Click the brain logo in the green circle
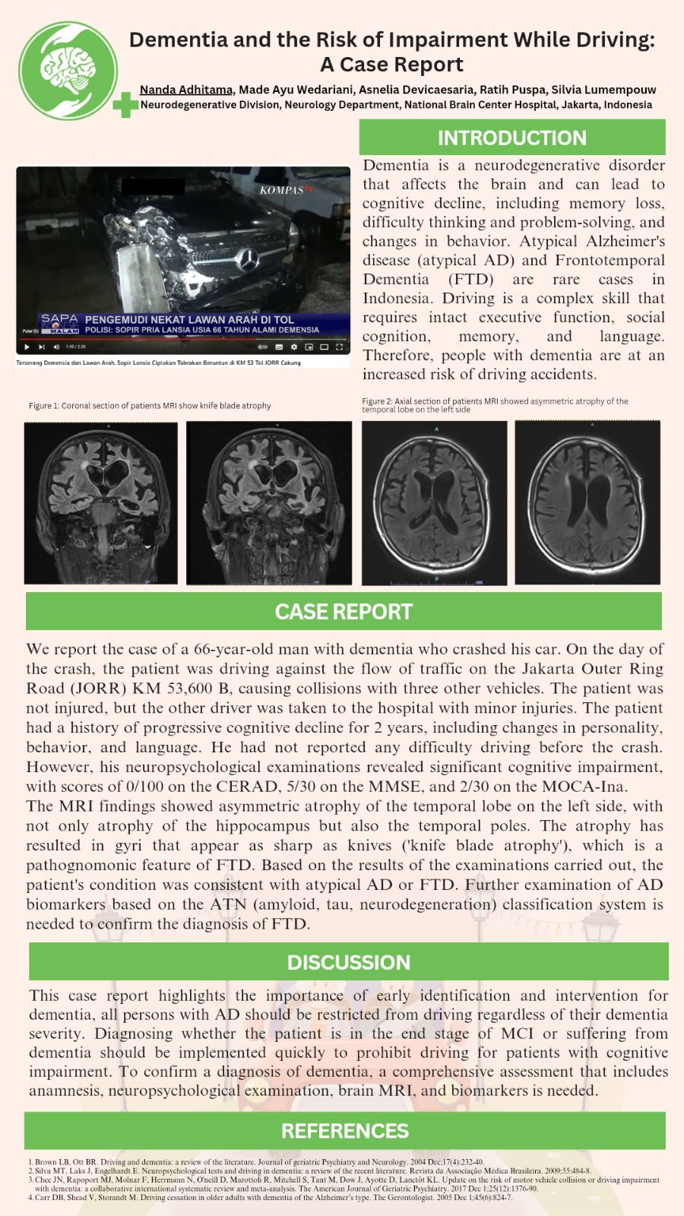68,70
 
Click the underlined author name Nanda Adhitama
186,90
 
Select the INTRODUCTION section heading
511,138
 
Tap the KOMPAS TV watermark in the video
286,190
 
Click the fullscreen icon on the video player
339,347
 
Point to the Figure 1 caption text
150,406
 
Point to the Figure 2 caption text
495,405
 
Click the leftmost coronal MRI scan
101,502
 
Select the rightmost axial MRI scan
587,502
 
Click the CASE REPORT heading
344,612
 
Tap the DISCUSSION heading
348,962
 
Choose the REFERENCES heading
344,1131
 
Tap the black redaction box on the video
153,185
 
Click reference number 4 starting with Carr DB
274,1198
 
